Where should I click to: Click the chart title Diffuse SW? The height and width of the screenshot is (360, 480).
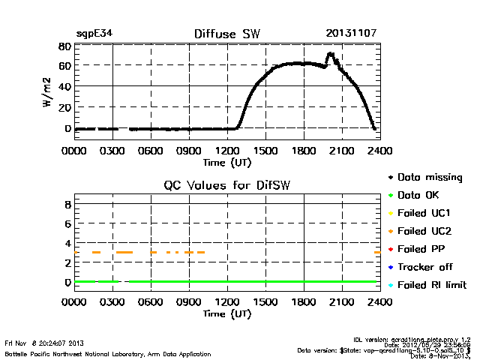pos(226,34)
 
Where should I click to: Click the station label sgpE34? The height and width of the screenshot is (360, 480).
pos(94,34)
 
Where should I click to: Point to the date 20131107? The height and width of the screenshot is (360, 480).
pos(351,34)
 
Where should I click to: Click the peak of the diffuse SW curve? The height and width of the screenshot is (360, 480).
pos(330,54)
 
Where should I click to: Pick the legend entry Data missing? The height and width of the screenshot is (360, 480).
pos(429,178)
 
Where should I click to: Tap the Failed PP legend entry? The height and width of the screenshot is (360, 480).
pos(420,249)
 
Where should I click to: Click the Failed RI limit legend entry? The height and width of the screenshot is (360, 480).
pos(431,285)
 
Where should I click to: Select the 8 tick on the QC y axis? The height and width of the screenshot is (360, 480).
pos(67,204)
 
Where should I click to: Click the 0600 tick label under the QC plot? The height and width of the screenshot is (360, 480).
pos(151,302)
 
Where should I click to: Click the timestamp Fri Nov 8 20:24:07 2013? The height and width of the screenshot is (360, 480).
pos(45,343)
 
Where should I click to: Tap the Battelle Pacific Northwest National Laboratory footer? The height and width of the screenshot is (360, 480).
pos(107,353)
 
